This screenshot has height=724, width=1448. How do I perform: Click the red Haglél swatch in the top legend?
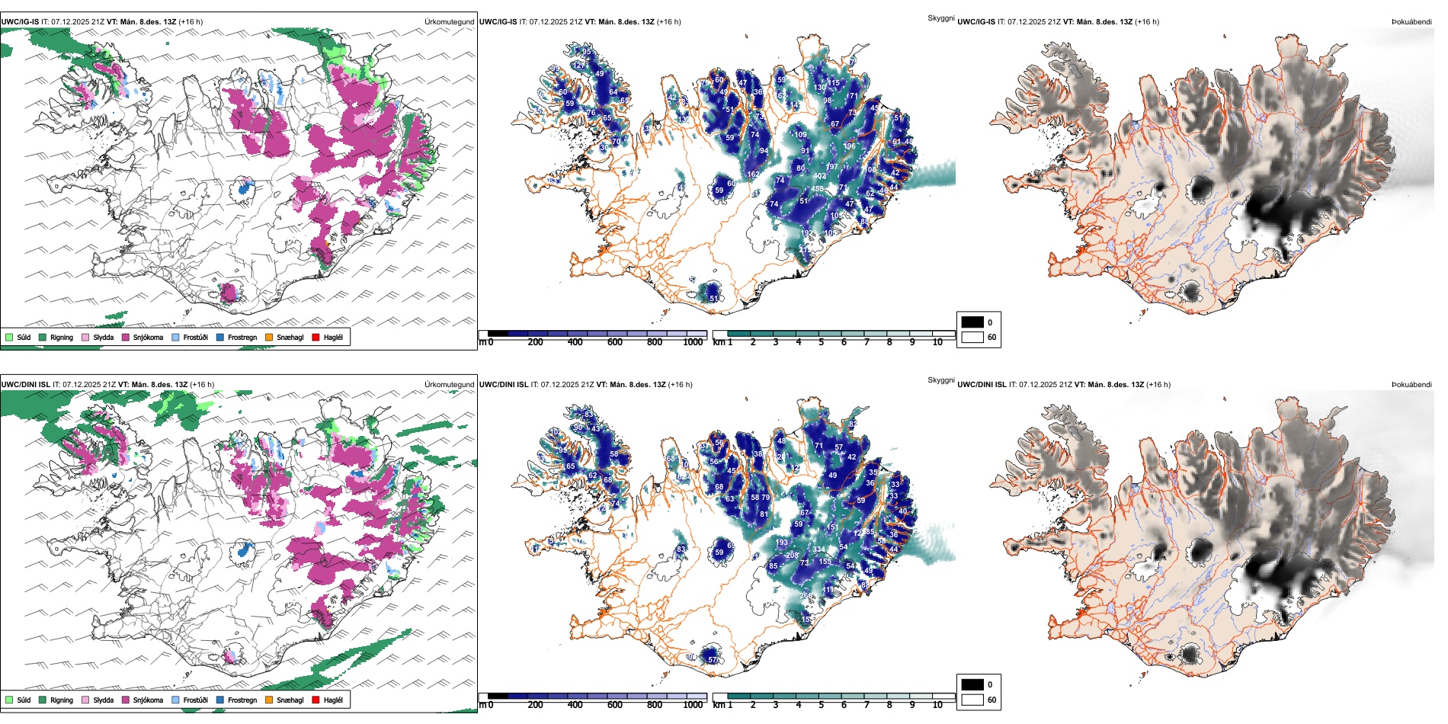(x=316, y=337)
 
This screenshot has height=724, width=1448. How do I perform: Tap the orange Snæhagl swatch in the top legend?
(x=269, y=337)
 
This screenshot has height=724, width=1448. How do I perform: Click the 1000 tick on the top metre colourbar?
(x=692, y=342)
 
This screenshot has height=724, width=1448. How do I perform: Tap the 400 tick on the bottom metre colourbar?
(x=575, y=705)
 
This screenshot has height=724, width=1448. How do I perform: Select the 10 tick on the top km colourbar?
(x=937, y=342)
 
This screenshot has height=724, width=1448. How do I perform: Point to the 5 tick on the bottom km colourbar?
(x=821, y=705)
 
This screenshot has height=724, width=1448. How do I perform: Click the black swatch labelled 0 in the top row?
(x=972, y=322)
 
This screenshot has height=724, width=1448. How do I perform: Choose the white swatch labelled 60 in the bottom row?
(x=972, y=700)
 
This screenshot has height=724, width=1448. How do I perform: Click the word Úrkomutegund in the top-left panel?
(x=449, y=22)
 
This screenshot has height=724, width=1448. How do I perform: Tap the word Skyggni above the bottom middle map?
(x=940, y=380)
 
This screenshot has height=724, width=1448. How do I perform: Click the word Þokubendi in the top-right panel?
(x=1411, y=22)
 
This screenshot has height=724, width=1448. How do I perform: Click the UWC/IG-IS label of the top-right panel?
(x=976, y=22)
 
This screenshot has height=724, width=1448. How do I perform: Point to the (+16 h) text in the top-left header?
(x=191, y=22)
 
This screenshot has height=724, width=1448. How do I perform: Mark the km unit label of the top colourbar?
(x=719, y=342)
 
